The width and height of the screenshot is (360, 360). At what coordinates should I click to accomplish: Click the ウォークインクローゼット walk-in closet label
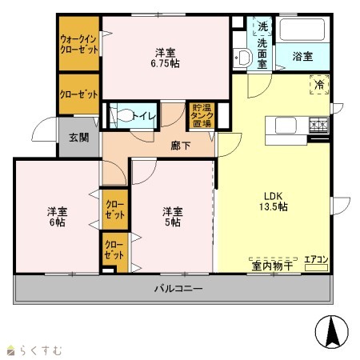(x=79, y=45)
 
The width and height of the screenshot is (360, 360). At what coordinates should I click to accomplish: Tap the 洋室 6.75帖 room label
(x=166, y=58)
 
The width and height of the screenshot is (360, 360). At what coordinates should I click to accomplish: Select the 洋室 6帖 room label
(x=58, y=217)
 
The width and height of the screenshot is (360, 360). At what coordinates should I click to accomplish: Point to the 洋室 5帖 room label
(x=173, y=217)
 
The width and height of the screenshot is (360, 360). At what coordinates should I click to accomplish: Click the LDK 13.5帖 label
(x=274, y=202)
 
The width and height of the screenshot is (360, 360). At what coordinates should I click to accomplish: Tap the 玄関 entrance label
(x=79, y=138)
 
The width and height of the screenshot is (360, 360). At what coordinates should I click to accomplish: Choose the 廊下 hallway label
(x=181, y=146)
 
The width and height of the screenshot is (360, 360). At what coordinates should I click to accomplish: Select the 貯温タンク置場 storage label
(x=202, y=115)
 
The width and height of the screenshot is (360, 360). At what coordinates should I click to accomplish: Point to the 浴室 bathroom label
(x=302, y=56)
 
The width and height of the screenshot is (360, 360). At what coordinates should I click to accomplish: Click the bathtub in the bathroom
(x=302, y=30)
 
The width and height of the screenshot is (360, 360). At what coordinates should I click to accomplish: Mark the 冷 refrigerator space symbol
(x=319, y=85)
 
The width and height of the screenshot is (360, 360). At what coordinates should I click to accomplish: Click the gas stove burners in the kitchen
(x=319, y=125)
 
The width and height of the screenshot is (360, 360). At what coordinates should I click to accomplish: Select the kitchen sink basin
(x=286, y=126)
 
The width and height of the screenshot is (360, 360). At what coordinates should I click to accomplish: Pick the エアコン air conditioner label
(x=316, y=259)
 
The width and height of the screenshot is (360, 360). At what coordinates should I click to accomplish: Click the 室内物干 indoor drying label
(x=272, y=266)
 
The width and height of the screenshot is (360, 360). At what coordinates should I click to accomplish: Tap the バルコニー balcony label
(x=178, y=289)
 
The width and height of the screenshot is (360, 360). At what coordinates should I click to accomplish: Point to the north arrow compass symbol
(x=332, y=331)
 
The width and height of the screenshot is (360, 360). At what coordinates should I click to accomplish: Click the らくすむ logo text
(x=42, y=350)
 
